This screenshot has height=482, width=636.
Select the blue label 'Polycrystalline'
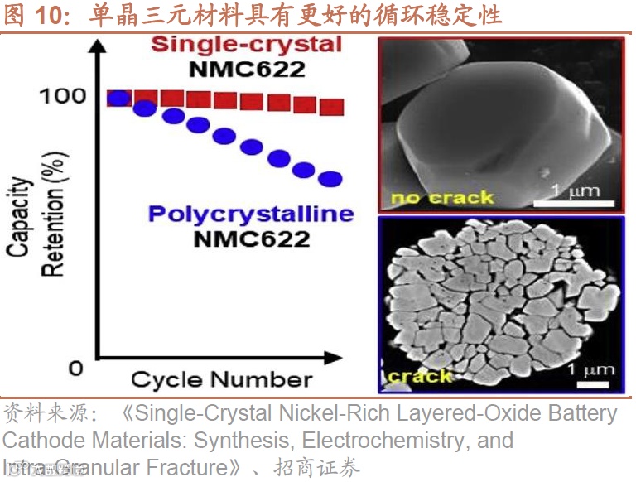[x=250, y=214]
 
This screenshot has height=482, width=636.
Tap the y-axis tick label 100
[x=63, y=96]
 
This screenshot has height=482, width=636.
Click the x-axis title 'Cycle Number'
[x=221, y=380]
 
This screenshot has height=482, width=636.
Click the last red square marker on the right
[x=331, y=107]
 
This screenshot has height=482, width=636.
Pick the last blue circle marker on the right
[x=330, y=179]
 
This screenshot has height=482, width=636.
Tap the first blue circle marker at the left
[x=119, y=99]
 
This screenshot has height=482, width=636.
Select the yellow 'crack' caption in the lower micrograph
[x=420, y=377]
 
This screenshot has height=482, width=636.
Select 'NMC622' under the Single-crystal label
[x=247, y=69]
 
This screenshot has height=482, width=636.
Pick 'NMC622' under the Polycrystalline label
[x=250, y=240]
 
